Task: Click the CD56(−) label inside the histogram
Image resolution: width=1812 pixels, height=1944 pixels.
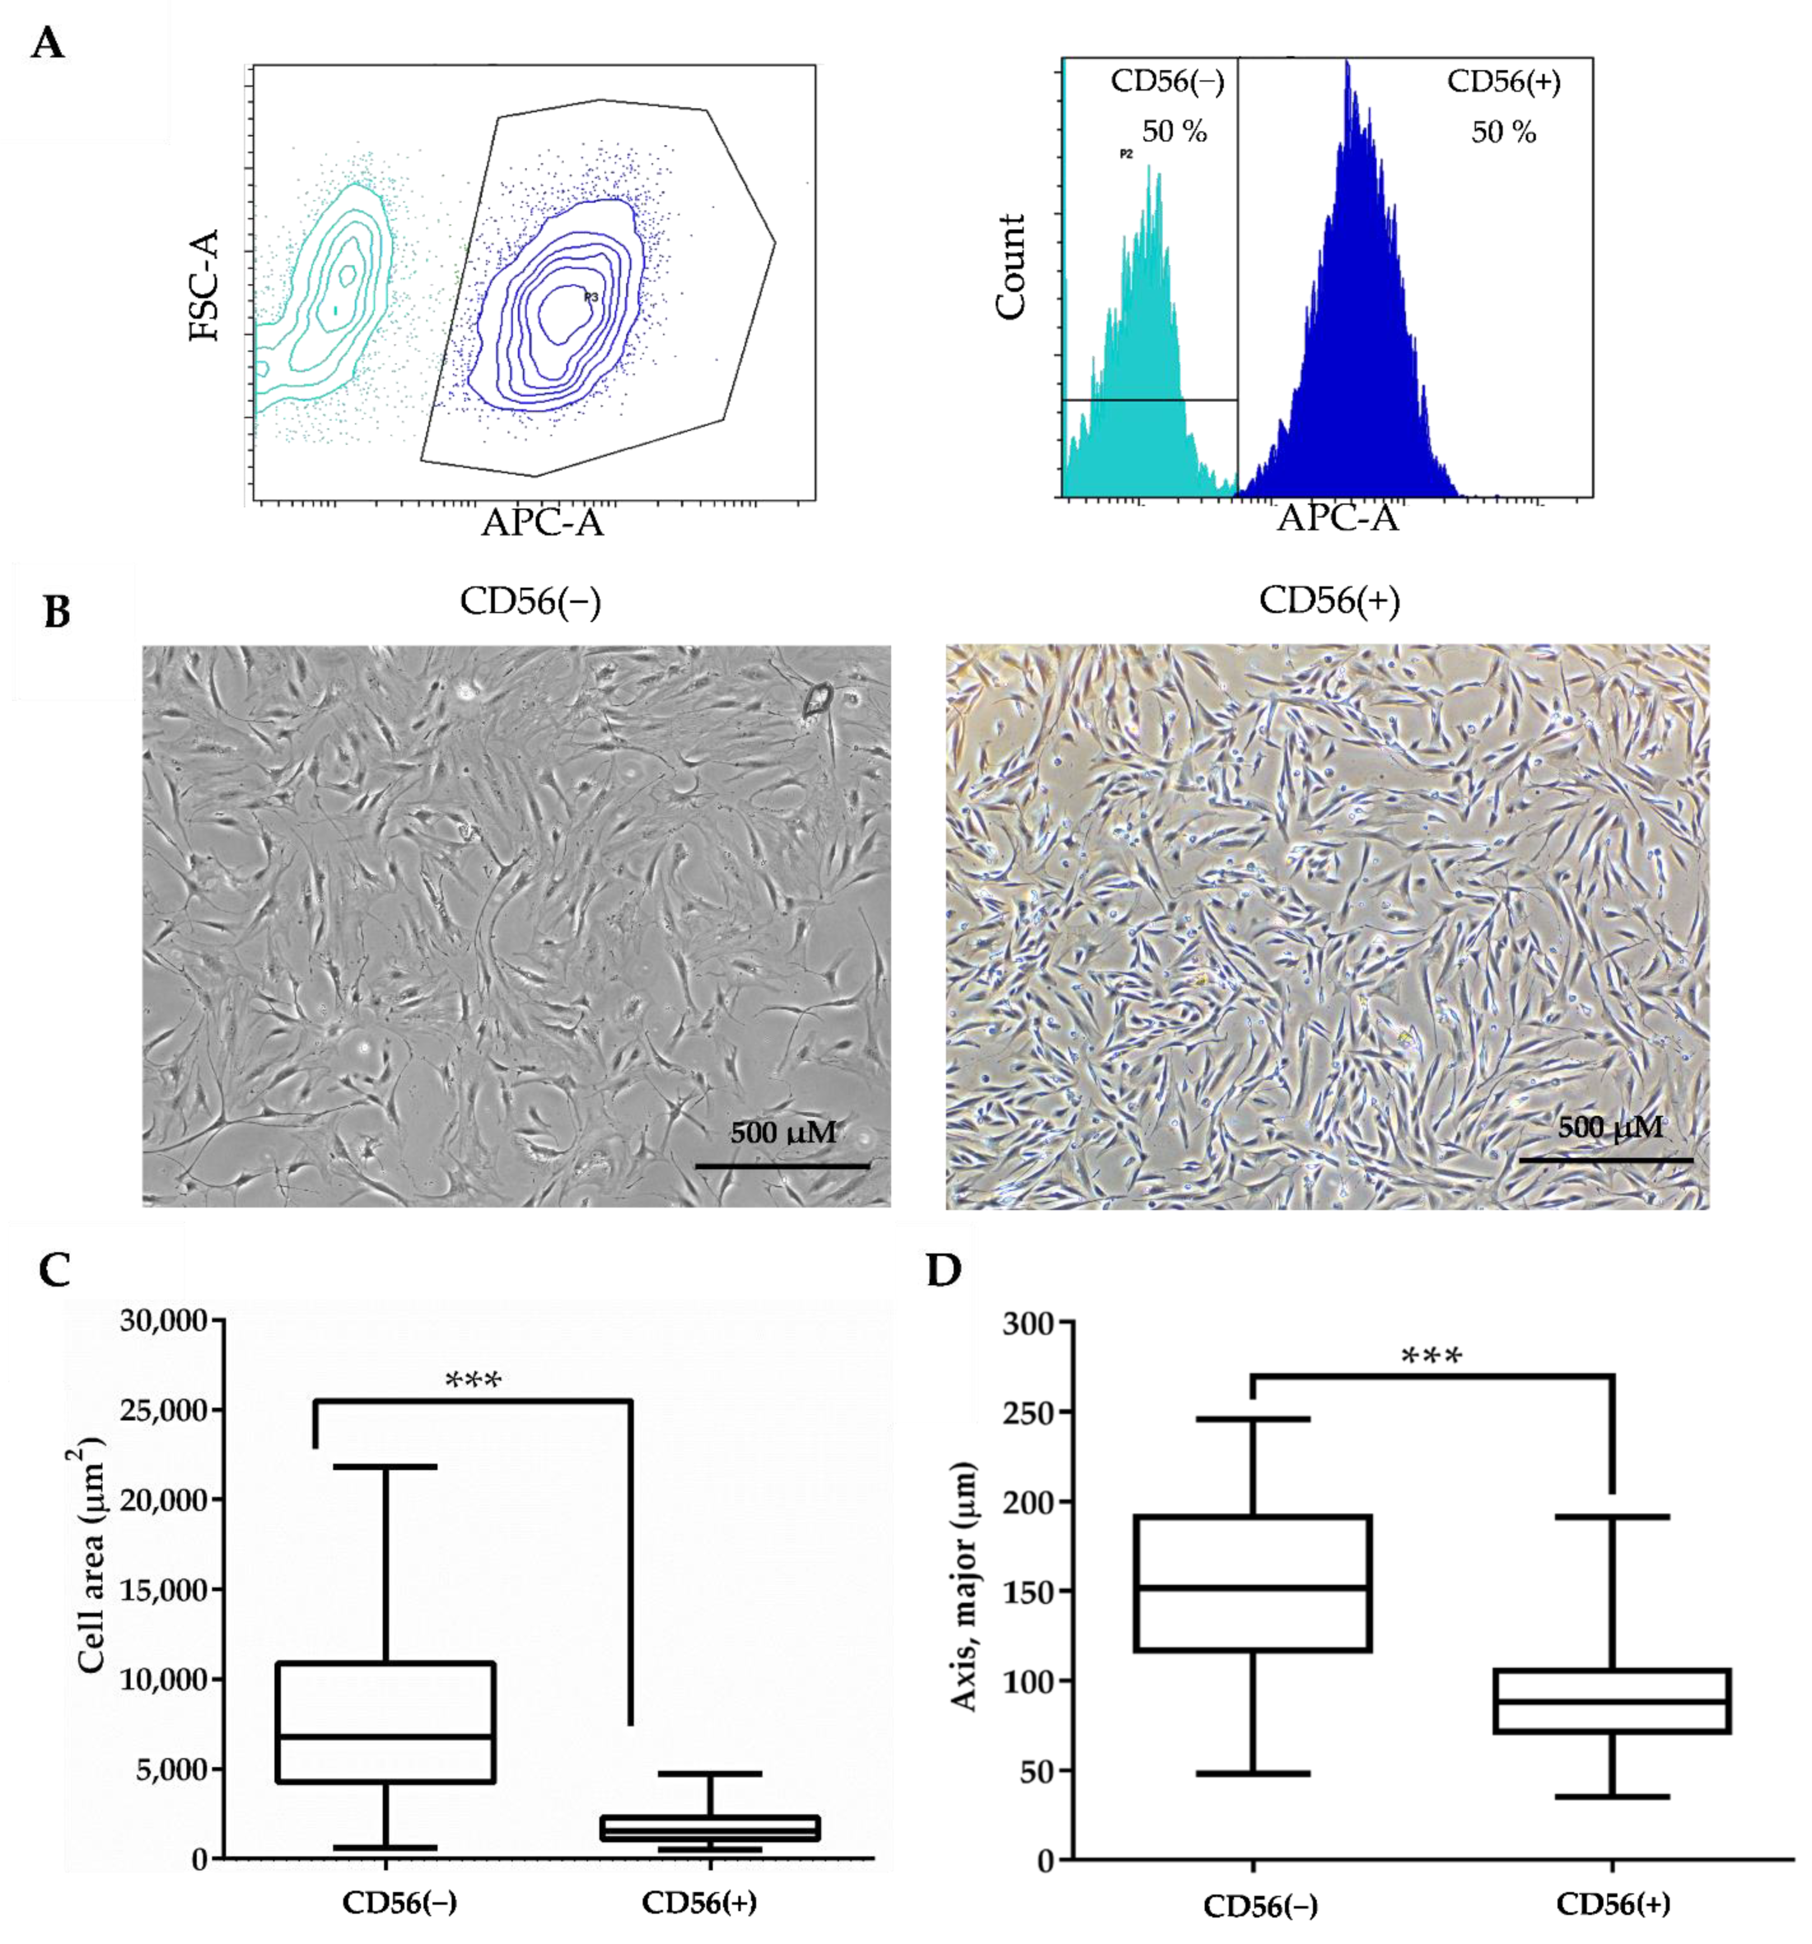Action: [x=1167, y=82]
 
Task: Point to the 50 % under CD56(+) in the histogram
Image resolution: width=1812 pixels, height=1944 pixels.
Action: [x=1503, y=132]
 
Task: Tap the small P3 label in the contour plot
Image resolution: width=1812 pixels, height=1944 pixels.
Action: [x=591, y=296]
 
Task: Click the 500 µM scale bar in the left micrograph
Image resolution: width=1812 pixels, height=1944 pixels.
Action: [x=782, y=1165]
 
